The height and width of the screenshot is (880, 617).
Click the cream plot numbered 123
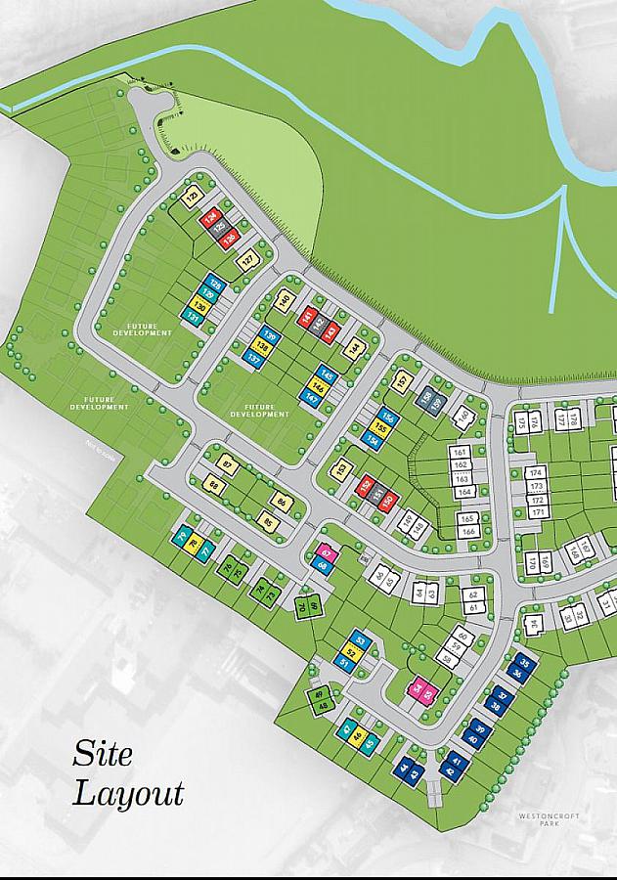click(192, 198)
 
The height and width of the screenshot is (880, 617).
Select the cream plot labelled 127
click(248, 261)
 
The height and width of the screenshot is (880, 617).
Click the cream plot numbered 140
click(284, 301)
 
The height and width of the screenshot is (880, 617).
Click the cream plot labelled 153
click(341, 470)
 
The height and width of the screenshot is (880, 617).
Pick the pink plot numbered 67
click(328, 553)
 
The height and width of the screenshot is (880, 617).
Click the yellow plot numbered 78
click(194, 544)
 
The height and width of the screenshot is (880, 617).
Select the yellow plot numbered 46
click(359, 735)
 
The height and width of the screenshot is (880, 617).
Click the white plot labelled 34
click(533, 624)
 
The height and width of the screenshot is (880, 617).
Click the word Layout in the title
click(128, 792)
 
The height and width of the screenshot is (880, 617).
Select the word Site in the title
click(102, 755)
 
